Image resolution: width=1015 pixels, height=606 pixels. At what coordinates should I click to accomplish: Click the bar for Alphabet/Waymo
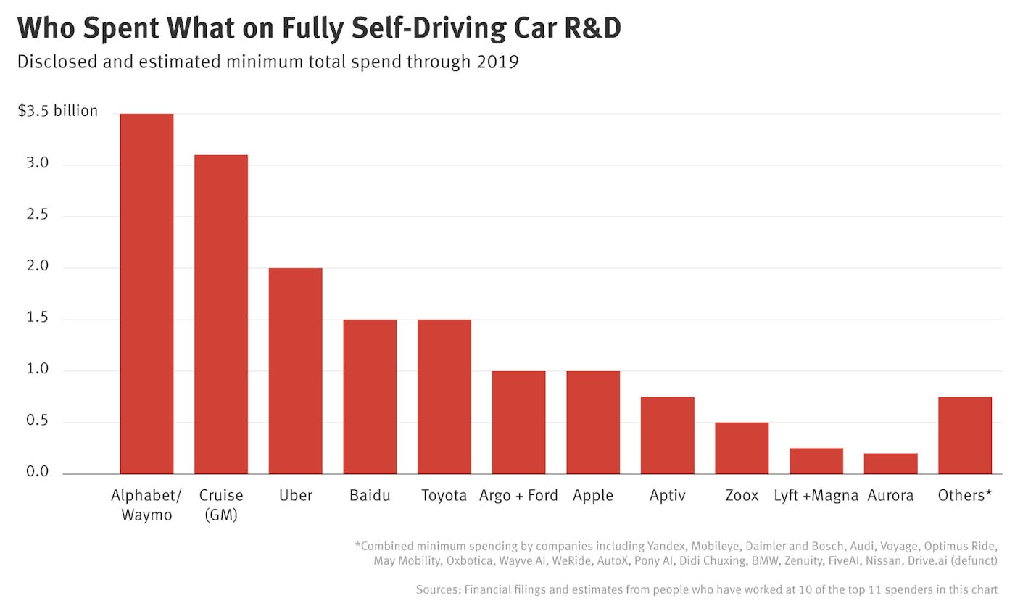(146, 294)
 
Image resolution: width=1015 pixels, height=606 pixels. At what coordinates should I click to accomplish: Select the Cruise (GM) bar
(221, 314)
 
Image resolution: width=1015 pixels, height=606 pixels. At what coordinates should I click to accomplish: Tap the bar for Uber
(295, 370)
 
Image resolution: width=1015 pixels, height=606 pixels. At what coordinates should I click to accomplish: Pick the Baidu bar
(370, 397)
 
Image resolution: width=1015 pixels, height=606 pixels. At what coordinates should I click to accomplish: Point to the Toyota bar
(444, 397)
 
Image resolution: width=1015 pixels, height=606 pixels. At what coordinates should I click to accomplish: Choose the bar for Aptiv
(667, 435)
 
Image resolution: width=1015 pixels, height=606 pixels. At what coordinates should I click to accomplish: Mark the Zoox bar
(742, 448)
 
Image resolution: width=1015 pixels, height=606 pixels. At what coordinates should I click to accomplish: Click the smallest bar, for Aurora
(890, 463)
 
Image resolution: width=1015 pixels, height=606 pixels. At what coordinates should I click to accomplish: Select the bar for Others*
(964, 435)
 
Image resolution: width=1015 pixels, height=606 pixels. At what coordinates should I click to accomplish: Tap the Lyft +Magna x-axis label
(816, 496)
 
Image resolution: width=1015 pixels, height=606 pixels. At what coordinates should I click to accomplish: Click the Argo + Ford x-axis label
(518, 496)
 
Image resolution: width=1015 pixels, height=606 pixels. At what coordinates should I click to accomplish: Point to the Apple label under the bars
(593, 496)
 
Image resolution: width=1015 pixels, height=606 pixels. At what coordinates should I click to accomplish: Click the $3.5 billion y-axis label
(57, 112)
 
